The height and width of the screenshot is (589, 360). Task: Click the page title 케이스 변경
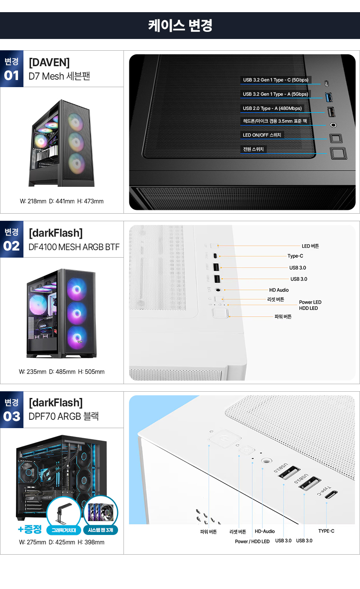pos(180,26)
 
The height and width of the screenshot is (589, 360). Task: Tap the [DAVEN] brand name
pos(49,62)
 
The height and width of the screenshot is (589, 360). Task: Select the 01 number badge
pos(11,75)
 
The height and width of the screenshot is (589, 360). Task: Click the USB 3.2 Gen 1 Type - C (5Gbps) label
pos(275,80)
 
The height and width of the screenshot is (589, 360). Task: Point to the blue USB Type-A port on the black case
pos(329,97)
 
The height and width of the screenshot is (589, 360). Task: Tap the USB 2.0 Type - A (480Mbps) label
pos(272,108)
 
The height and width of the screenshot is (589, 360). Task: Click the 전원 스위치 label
pos(253,149)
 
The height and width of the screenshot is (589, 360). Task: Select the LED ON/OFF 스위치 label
pos(262,135)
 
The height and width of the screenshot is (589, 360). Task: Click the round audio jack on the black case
pos(333,125)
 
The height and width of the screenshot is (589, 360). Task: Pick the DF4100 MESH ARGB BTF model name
pos(74,247)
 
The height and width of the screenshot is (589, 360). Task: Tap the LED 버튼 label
pos(310,246)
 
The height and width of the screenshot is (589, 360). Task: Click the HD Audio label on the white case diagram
pos(279,290)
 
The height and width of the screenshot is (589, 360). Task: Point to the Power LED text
pos(310,302)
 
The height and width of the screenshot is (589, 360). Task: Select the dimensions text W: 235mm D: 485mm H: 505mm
pos(62,372)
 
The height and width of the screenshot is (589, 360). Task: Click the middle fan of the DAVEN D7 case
pos(76,142)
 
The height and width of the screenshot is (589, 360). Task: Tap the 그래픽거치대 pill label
pos(64,530)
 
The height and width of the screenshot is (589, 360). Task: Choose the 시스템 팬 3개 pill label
pos(100,530)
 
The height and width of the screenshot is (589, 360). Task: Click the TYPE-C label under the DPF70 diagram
pos(326,531)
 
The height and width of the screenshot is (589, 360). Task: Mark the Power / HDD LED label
pos(252,541)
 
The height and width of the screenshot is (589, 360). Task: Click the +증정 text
pos(30,529)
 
